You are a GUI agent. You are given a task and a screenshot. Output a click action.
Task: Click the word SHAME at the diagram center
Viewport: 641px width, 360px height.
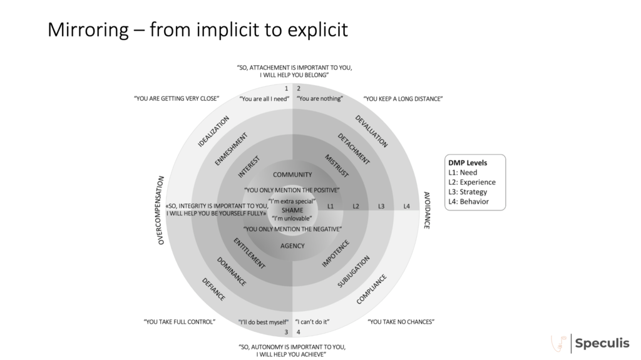(292, 210)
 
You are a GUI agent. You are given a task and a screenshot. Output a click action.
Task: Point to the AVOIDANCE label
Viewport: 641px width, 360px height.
(426, 210)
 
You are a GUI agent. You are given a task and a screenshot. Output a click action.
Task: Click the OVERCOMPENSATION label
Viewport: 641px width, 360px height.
(161, 210)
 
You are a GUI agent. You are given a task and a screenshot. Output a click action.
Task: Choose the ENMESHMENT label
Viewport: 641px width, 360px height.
(232, 149)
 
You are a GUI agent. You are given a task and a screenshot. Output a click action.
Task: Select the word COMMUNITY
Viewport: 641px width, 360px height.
(292, 174)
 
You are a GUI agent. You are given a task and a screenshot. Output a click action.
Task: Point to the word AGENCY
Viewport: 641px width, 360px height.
(292, 246)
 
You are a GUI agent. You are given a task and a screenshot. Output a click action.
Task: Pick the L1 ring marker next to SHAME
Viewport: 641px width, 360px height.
(331, 206)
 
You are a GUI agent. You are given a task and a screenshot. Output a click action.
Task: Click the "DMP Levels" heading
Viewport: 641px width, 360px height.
(467, 163)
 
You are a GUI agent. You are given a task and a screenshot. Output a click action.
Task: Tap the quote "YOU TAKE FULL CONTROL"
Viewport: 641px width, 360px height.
(179, 322)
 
